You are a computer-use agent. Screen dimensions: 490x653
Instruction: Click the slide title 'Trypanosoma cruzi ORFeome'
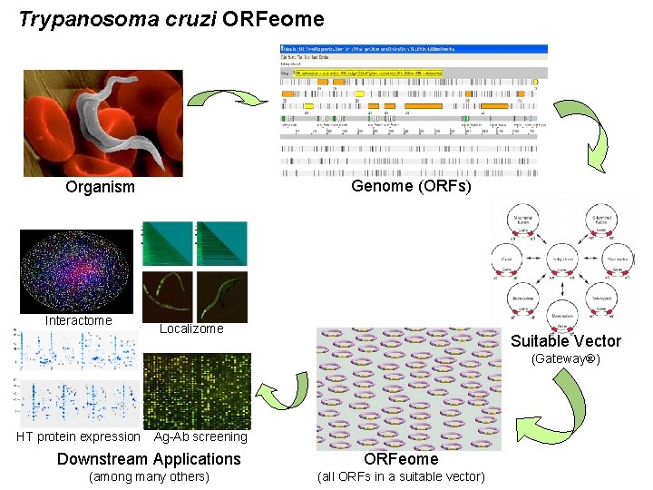coord(171,18)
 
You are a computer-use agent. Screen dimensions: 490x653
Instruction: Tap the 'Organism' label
coord(100,188)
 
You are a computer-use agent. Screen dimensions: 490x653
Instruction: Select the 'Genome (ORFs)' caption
coord(411,186)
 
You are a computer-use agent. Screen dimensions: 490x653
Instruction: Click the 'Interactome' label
coord(79,320)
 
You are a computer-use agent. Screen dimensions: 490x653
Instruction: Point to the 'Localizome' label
coord(190,328)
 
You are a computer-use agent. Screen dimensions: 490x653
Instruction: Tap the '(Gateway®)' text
coord(565,359)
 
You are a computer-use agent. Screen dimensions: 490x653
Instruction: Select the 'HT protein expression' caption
coord(79,436)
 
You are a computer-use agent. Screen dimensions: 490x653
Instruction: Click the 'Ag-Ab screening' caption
coord(200,436)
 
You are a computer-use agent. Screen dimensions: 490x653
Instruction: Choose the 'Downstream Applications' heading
coord(149,459)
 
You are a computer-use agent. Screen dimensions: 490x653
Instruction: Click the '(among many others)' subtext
coord(149,477)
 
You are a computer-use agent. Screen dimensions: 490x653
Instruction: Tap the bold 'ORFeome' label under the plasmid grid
coord(401,459)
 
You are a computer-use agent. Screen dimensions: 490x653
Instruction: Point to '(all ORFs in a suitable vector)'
coord(400,477)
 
